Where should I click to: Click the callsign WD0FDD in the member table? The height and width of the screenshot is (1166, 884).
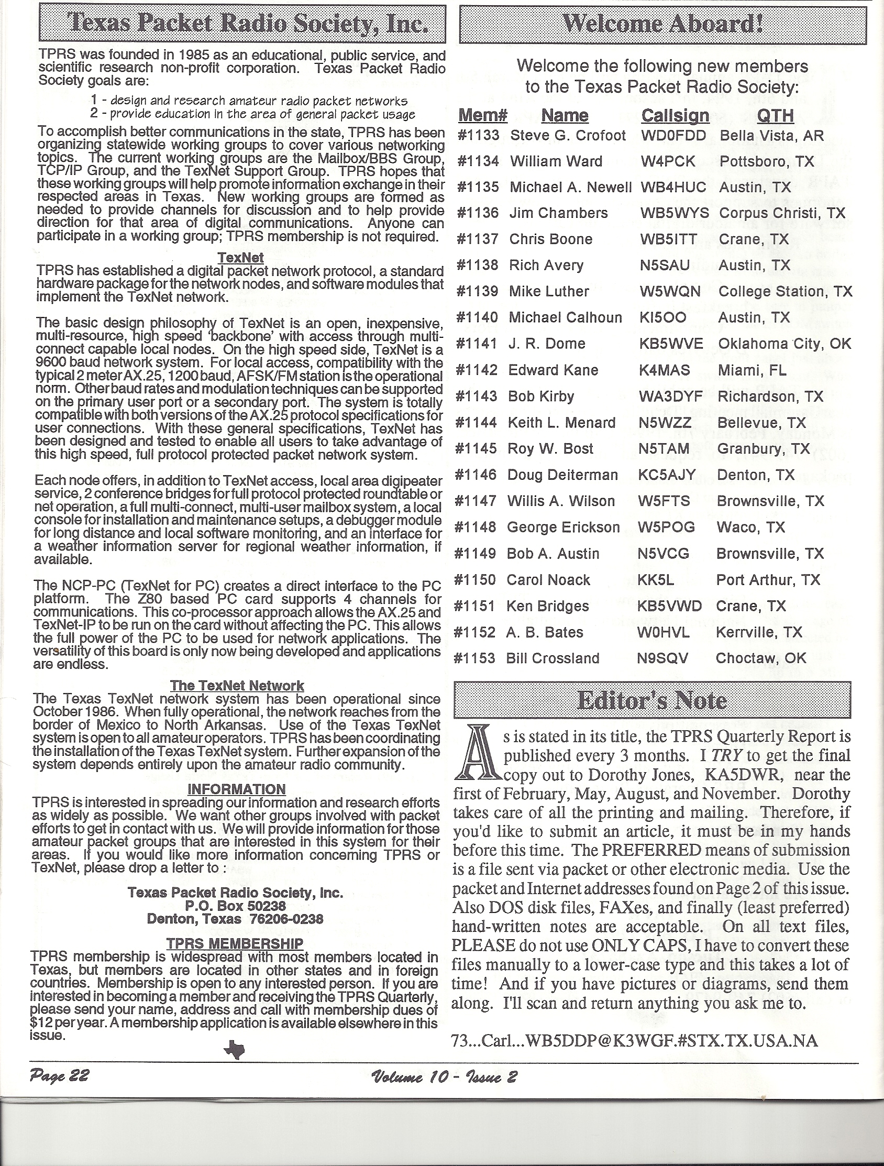(673, 136)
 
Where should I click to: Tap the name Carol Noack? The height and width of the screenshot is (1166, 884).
(548, 580)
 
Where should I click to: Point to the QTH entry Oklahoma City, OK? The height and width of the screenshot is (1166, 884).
(784, 344)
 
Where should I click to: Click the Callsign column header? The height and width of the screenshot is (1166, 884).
(675, 115)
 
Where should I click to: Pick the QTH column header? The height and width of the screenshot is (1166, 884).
(775, 115)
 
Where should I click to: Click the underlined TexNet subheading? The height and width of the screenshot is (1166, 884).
(240, 258)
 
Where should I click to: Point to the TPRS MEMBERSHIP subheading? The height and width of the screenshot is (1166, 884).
(235, 943)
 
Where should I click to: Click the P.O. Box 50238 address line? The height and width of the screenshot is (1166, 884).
(235, 906)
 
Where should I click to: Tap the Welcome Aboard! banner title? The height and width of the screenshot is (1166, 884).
(662, 24)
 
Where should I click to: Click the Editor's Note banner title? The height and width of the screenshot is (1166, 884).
(652, 701)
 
